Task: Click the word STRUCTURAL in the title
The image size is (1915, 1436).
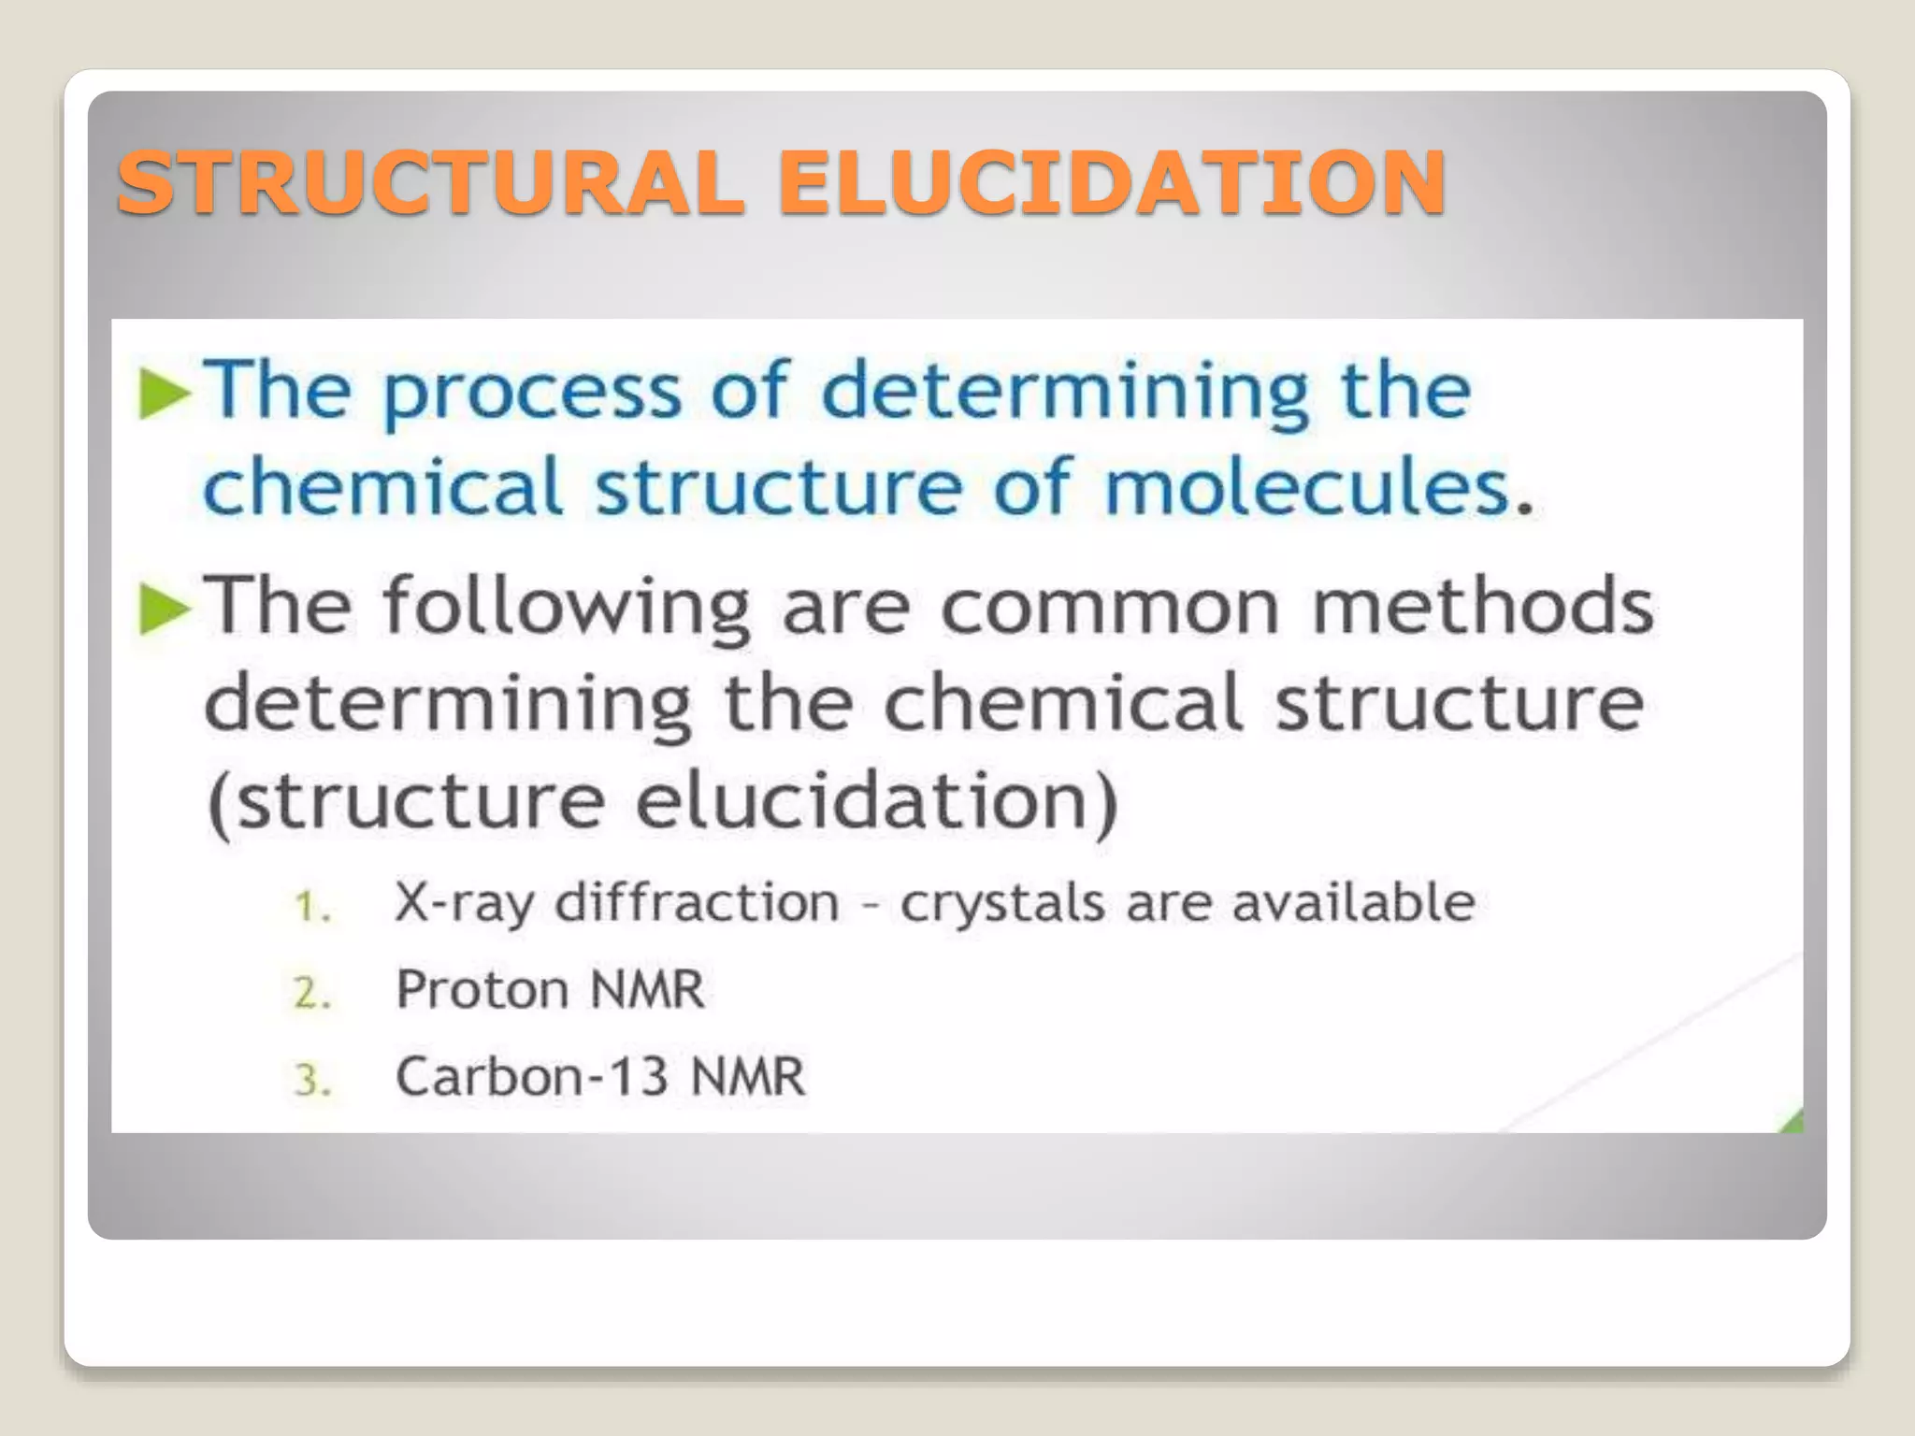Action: (x=430, y=182)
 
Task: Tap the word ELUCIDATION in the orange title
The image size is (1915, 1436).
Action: (x=1113, y=182)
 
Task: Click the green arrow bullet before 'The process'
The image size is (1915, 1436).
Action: (x=165, y=393)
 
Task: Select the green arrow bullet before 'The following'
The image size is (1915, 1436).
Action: (x=165, y=609)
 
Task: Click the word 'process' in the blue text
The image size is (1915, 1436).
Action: (x=532, y=393)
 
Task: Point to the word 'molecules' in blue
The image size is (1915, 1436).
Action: (x=1309, y=488)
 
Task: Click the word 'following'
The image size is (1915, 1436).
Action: (x=566, y=609)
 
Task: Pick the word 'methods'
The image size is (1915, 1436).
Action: (x=1483, y=609)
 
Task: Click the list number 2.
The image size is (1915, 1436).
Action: (x=311, y=993)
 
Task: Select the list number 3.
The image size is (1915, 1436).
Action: (x=311, y=1080)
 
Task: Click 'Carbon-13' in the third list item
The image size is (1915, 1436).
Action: (x=531, y=1076)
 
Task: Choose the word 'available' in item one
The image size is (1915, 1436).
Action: (x=1353, y=903)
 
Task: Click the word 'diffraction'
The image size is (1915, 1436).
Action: (x=698, y=903)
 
